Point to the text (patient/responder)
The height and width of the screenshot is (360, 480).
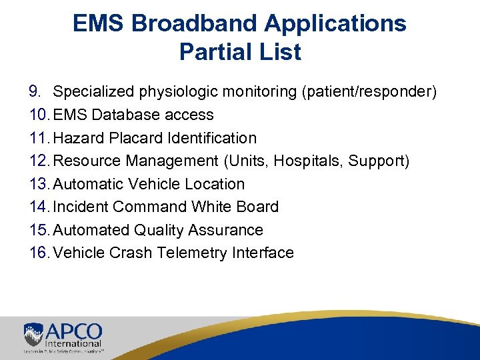coord(369,91)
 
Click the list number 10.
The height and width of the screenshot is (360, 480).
coord(39,115)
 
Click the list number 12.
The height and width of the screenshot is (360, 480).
coord(39,161)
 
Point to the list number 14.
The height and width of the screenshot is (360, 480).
coord(39,207)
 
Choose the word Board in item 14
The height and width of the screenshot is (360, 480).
coord(257,207)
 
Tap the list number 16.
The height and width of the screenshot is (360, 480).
coord(39,253)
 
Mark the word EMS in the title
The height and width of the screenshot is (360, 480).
coord(100,23)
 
